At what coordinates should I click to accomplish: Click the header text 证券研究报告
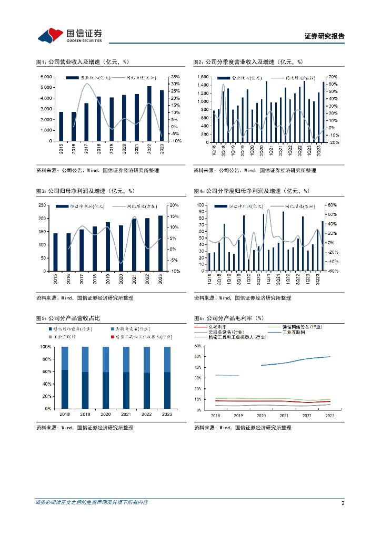coord(325,36)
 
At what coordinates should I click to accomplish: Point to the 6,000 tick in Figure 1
coord(46,77)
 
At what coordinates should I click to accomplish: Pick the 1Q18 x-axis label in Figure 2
coord(214,149)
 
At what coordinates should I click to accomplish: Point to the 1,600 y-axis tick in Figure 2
coord(203,77)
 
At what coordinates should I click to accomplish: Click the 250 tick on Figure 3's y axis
coord(44,205)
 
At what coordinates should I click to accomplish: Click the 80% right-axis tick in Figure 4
coord(332,205)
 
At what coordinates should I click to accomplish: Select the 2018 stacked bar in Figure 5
coord(65,378)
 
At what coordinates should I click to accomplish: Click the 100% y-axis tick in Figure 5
coord(46,347)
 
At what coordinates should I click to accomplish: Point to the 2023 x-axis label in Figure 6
coord(330,415)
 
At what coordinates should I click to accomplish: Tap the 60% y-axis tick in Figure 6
coord(198,346)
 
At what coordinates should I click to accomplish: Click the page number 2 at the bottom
coord(343,503)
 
